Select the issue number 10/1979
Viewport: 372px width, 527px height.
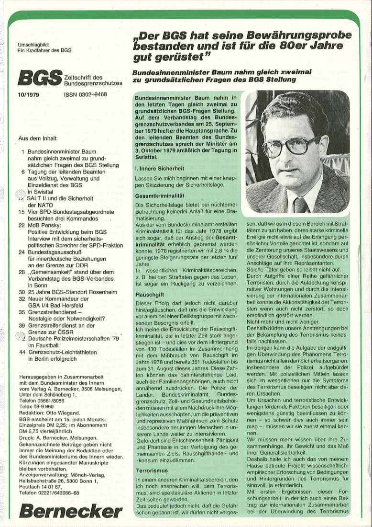click(28, 95)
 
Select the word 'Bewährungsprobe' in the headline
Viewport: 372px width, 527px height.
click(301, 36)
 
